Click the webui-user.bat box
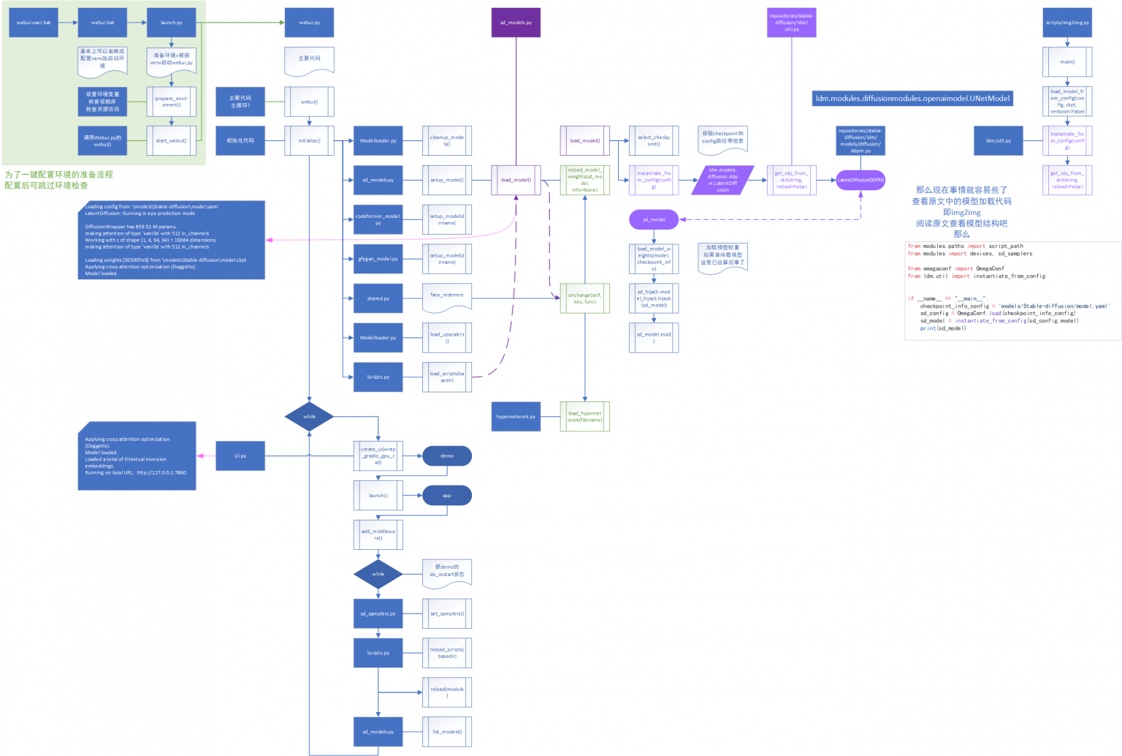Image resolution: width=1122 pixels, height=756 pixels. (x=34, y=23)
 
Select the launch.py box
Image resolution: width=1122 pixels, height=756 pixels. (x=172, y=23)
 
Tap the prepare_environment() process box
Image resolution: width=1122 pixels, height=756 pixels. (x=172, y=102)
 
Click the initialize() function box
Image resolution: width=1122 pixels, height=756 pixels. (x=309, y=140)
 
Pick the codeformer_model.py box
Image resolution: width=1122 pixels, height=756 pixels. (x=378, y=219)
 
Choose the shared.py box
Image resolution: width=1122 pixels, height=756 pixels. (x=378, y=298)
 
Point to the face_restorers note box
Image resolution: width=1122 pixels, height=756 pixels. (x=447, y=296)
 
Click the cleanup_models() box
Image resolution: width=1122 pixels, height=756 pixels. (x=447, y=140)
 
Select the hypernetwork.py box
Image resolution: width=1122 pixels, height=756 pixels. (x=516, y=417)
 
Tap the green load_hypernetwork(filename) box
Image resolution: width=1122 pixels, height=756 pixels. (x=585, y=417)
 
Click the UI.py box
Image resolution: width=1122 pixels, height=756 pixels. (x=240, y=456)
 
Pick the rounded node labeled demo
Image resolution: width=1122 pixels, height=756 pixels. (x=447, y=456)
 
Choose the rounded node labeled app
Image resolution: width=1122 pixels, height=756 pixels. (x=447, y=495)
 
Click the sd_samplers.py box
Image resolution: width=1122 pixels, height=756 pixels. (x=378, y=613)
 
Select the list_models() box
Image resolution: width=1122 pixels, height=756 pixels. (x=447, y=731)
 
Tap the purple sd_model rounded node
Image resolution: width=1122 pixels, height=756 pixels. (x=654, y=219)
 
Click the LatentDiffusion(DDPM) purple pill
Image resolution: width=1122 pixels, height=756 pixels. (x=860, y=180)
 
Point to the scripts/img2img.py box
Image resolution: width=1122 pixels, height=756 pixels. (x=1067, y=23)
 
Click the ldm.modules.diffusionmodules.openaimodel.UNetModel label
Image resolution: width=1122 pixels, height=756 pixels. (x=912, y=98)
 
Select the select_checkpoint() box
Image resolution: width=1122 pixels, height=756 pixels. (x=654, y=140)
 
